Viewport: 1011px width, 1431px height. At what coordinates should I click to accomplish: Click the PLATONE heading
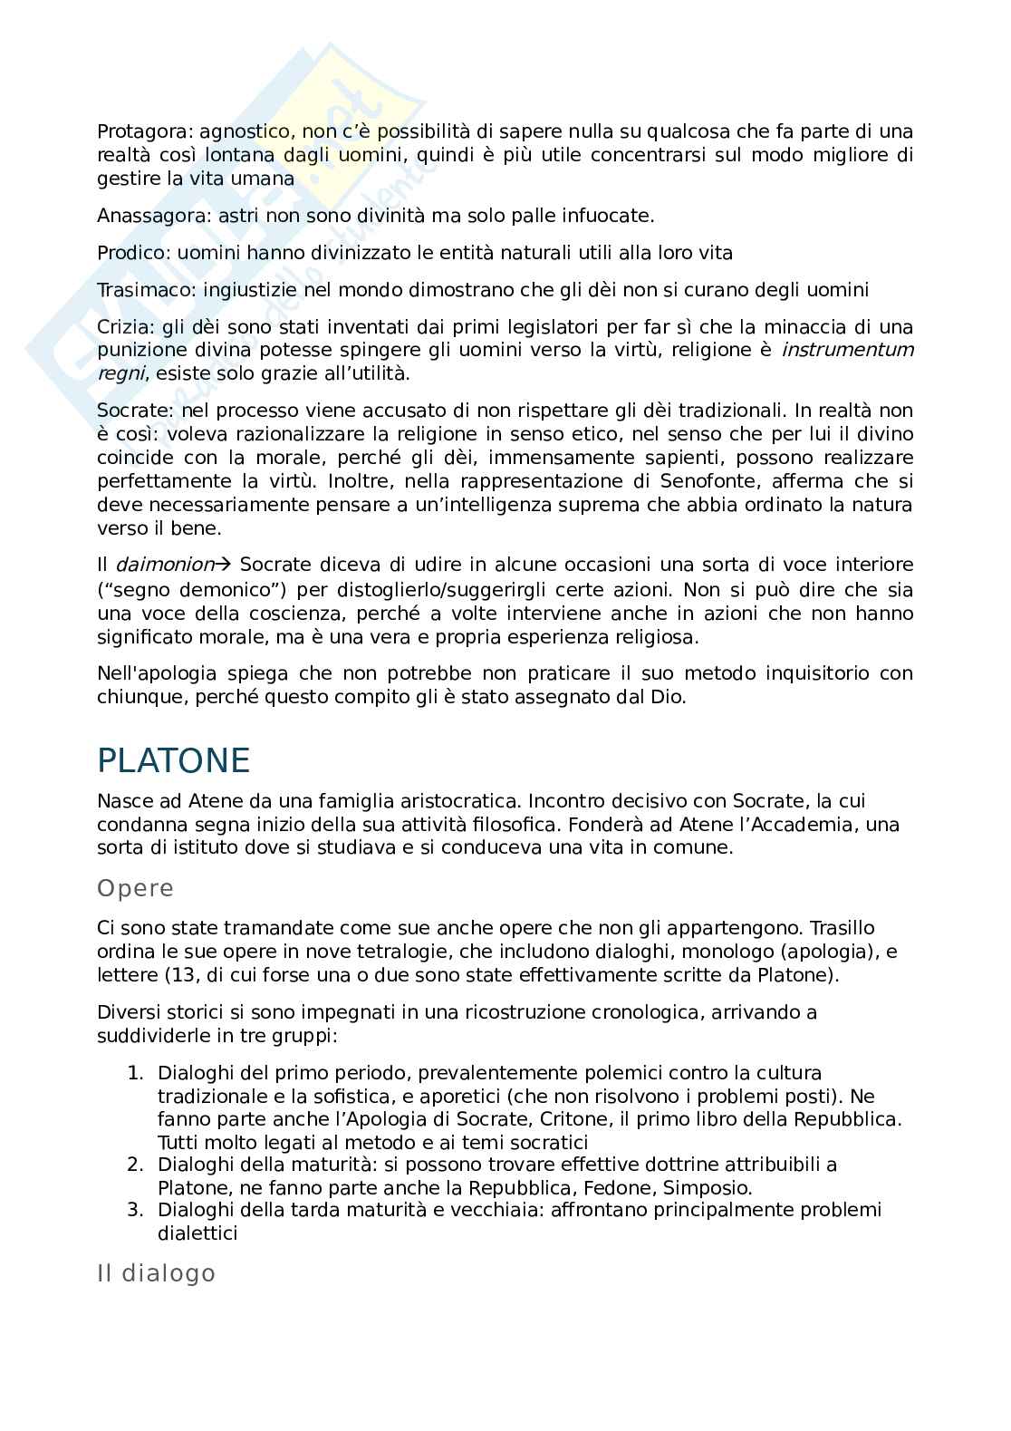173,760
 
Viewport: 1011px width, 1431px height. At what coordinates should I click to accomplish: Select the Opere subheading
135,888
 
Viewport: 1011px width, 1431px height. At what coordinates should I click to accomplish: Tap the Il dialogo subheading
156,1273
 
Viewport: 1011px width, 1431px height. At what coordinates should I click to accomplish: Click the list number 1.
134,1073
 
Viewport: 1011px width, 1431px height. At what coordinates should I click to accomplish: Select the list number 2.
134,1165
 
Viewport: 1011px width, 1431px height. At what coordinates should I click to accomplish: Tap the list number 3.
134,1210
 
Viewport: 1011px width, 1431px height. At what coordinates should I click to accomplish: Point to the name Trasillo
842,928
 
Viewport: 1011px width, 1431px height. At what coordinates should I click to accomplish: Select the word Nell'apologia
157,673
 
